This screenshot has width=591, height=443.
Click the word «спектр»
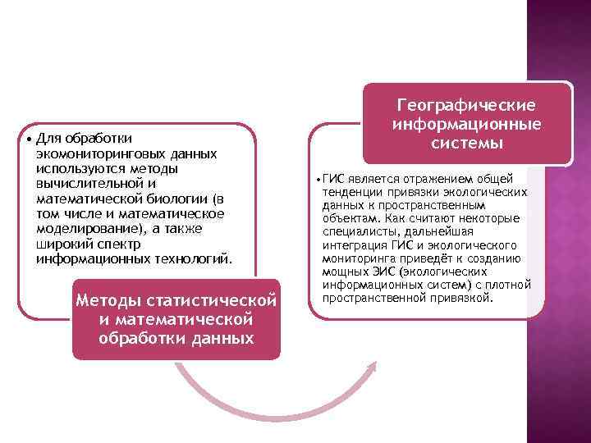pyautogui.click(x=117, y=244)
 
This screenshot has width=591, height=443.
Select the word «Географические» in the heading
pyautogui.click(x=465, y=107)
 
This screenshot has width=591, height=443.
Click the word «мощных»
pyautogui.click(x=343, y=272)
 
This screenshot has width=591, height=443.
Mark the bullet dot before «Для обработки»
pyautogui.click(x=29, y=138)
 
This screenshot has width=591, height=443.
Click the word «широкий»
pyautogui.click(x=59, y=244)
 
